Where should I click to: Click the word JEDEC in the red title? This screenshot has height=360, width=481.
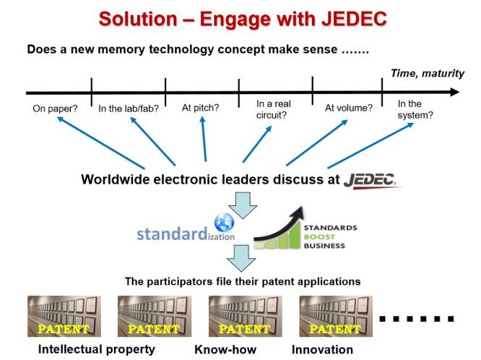pos(354,19)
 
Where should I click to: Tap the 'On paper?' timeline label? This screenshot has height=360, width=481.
pos(55,108)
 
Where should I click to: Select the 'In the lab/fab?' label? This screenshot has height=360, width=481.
pos(129,108)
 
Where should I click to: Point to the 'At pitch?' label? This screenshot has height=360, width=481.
pos(200,108)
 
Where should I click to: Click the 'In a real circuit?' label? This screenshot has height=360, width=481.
pos(273,109)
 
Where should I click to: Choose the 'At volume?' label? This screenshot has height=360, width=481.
pos(349,108)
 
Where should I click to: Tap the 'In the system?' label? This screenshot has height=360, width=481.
pos(415,109)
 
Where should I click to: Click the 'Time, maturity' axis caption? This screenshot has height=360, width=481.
pos(428,74)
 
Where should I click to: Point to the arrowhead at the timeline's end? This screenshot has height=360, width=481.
pos(455,92)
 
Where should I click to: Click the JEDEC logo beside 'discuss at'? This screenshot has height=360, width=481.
pos(372,180)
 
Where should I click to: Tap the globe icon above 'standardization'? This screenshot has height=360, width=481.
pos(224,222)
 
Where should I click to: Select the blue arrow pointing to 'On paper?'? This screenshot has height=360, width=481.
pos(100,143)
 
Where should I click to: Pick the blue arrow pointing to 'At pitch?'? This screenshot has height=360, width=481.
pos(204,139)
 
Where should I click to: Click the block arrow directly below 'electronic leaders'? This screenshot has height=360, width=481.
pos(243,205)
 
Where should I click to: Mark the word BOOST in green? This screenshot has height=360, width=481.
pos(319,237)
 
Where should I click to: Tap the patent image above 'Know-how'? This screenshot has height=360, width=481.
pos(245,316)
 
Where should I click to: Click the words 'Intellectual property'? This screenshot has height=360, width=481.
pos(97,350)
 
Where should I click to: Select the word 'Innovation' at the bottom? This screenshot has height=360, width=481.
pos(322,350)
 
